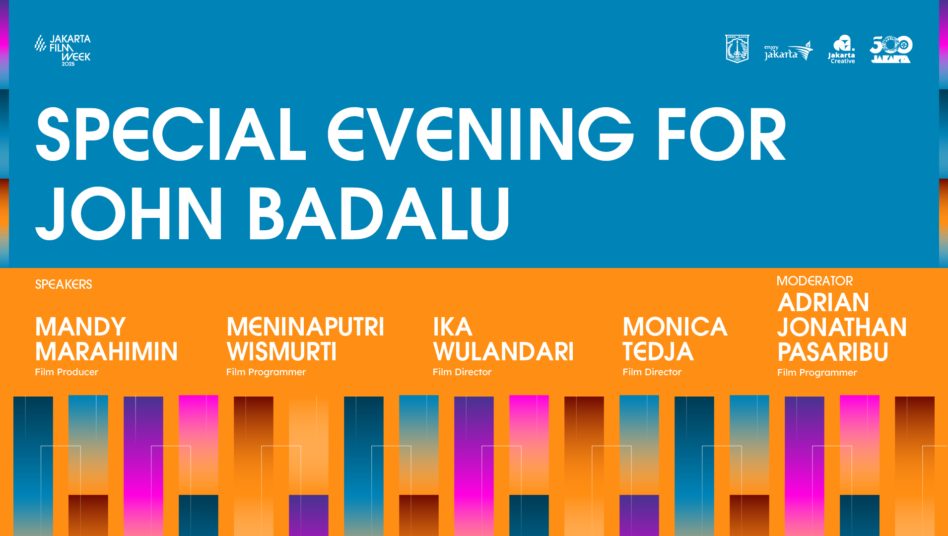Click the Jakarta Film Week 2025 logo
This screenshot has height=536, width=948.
63,50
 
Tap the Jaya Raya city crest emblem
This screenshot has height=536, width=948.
737,49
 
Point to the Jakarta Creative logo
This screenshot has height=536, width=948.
842,49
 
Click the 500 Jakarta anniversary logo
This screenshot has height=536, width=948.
891,49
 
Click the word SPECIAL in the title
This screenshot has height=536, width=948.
171,134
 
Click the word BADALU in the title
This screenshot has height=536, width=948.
379,213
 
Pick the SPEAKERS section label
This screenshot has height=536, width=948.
64,284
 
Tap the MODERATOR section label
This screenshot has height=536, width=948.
815,281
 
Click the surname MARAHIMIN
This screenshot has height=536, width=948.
106,351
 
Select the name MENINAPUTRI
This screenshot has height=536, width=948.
305,327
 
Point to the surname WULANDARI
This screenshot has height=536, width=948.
503,351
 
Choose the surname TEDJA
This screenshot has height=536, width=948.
658,351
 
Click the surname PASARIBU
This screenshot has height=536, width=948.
833,352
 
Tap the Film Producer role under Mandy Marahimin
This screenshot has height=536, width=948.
67,372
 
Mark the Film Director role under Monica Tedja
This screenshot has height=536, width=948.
652,372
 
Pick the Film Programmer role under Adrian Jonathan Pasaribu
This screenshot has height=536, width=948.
817,373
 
